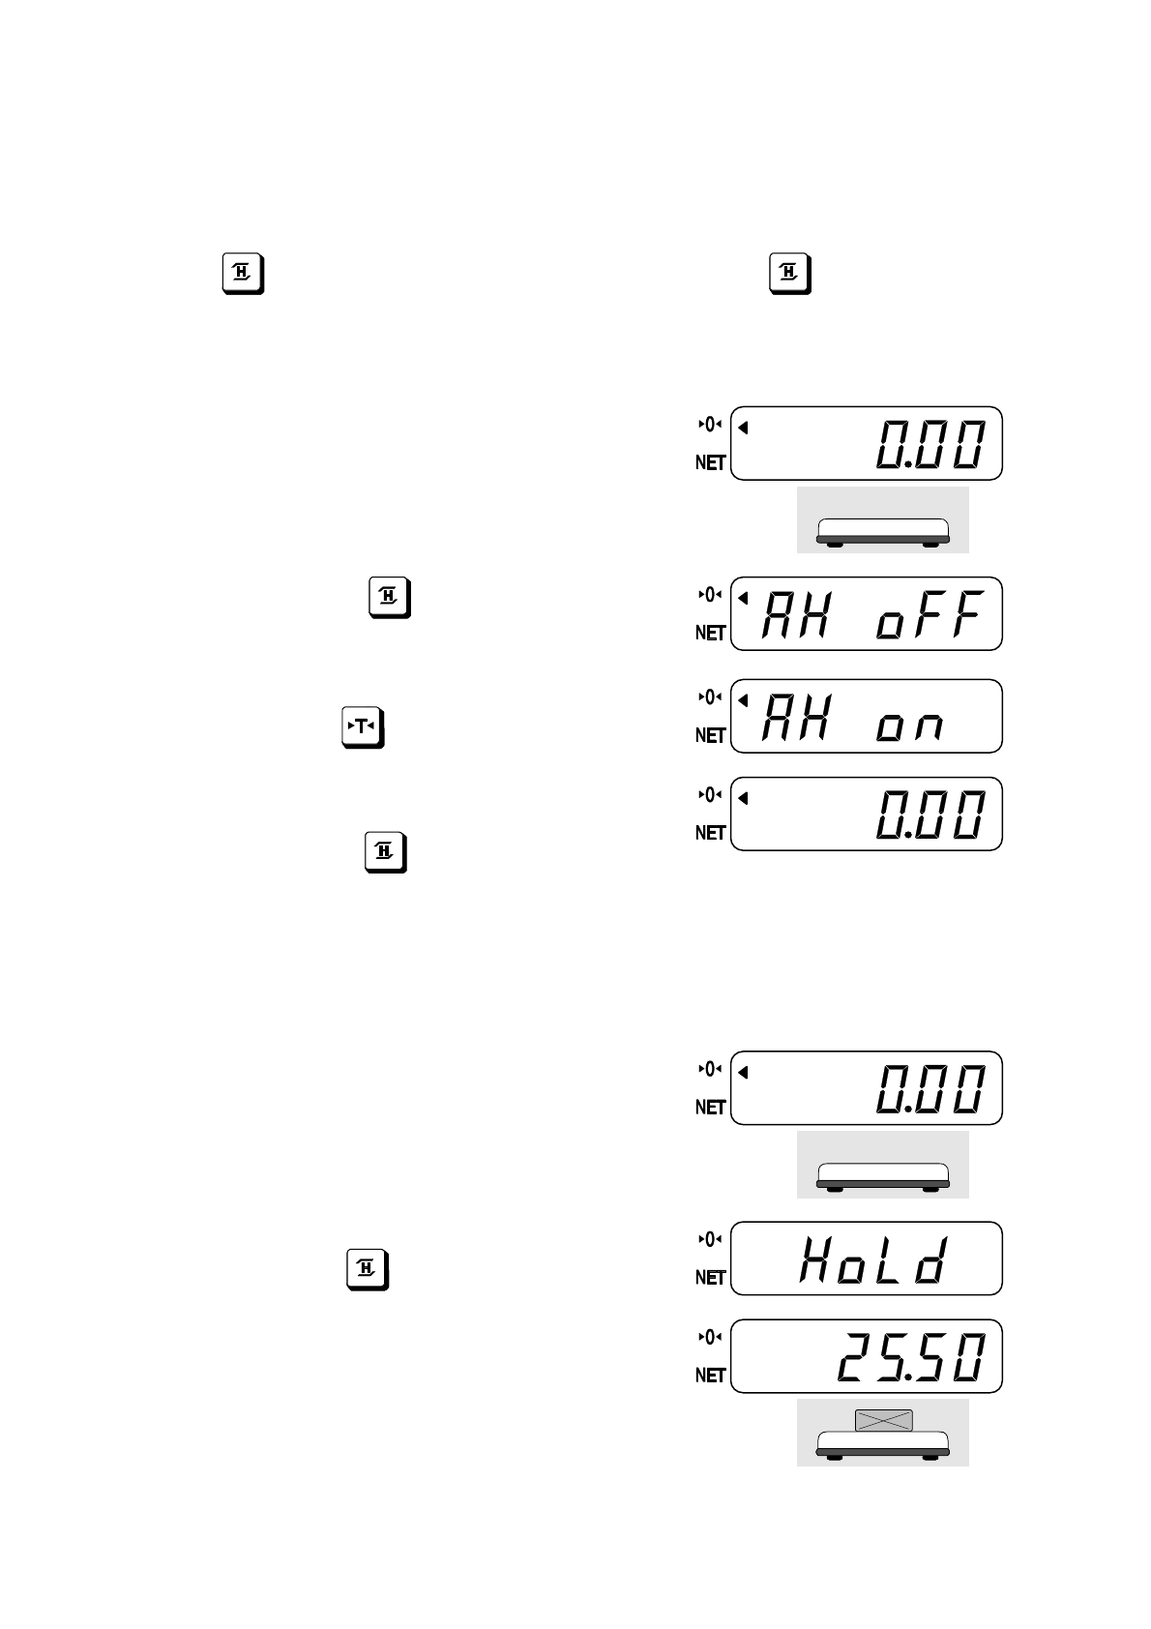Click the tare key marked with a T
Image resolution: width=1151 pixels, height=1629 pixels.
click(x=363, y=727)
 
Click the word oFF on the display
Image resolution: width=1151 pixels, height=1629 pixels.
click(x=930, y=615)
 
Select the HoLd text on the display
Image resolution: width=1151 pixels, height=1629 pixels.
click(x=871, y=1260)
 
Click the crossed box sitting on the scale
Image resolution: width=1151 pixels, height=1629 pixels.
click(x=883, y=1421)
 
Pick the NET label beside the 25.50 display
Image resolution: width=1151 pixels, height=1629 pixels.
click(x=711, y=1376)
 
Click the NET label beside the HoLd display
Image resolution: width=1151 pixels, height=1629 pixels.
click(x=711, y=1278)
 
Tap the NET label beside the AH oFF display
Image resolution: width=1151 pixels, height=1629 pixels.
click(x=711, y=634)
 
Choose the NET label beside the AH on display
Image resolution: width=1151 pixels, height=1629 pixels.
click(x=711, y=736)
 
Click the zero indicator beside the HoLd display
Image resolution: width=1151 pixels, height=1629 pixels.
click(x=710, y=1239)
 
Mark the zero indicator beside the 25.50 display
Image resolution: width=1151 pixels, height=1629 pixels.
click(x=710, y=1337)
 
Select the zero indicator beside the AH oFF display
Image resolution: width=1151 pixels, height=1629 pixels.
click(x=710, y=595)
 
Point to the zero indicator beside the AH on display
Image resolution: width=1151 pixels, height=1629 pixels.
click(x=710, y=697)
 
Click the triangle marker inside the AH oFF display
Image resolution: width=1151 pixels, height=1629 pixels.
click(x=743, y=598)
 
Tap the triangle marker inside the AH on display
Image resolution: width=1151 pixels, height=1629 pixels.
click(x=743, y=700)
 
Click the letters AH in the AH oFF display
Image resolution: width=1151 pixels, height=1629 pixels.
click(x=796, y=615)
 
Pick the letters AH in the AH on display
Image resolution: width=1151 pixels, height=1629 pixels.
click(x=796, y=718)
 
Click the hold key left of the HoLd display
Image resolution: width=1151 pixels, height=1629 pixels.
click(x=368, y=1269)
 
